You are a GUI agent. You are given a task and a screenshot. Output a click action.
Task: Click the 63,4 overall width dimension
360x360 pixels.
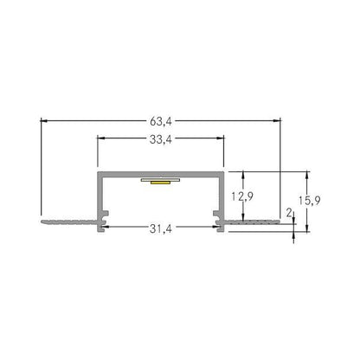[161, 121]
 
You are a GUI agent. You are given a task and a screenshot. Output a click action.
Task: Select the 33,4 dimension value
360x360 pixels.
[161, 139]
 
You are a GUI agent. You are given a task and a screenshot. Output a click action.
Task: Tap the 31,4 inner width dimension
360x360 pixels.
[161, 228]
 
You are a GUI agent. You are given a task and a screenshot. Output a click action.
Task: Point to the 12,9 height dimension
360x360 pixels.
[242, 196]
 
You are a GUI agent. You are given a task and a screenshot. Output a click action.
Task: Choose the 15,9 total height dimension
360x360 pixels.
[309, 200]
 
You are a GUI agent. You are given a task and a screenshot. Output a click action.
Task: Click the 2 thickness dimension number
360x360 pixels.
[289, 213]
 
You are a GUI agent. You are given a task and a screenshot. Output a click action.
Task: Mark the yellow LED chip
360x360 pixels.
[160, 183]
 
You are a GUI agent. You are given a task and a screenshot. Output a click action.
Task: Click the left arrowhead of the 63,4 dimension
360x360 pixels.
[44, 120]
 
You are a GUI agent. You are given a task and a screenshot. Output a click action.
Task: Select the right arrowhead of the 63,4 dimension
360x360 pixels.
[277, 120]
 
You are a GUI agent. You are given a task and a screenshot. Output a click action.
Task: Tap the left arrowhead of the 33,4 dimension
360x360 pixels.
[100, 138]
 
